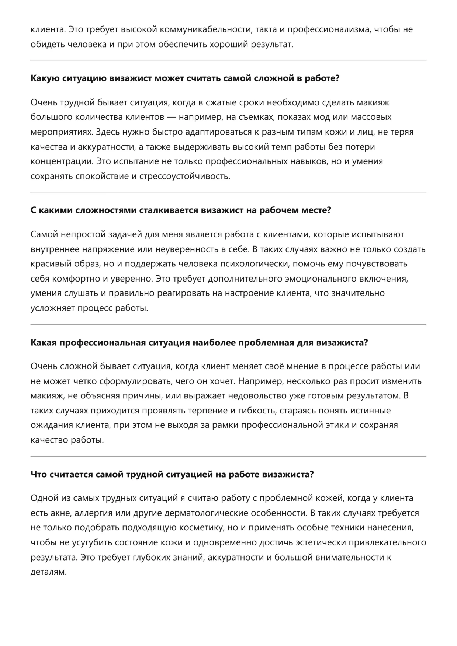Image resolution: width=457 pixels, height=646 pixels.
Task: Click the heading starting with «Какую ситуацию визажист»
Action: (x=185, y=78)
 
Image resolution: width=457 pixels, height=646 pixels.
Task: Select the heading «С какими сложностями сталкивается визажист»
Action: (x=181, y=210)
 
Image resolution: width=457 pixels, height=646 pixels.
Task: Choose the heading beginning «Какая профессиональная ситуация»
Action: (x=199, y=343)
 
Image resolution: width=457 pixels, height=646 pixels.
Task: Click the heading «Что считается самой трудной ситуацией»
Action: (x=172, y=475)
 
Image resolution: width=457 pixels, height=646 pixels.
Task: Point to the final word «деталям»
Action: (x=48, y=572)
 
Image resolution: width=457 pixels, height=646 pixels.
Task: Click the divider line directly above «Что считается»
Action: (x=228, y=456)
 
